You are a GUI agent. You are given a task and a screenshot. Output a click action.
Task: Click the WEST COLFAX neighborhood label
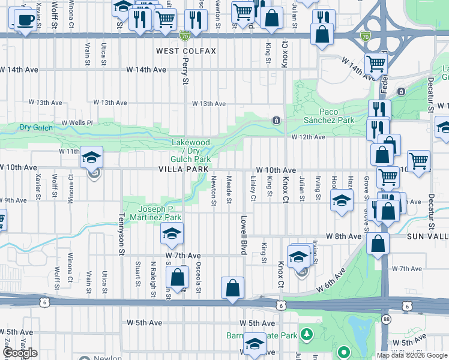(186, 51)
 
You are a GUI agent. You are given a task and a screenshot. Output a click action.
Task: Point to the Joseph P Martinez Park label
(156, 213)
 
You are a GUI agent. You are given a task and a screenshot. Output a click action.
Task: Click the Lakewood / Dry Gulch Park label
(191, 151)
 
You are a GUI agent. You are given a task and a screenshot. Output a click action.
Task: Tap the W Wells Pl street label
(75, 122)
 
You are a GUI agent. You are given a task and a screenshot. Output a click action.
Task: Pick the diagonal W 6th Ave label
(331, 280)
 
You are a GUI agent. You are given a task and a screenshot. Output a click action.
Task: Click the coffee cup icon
(25, 20)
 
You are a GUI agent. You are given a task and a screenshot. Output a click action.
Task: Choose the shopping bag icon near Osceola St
(177, 278)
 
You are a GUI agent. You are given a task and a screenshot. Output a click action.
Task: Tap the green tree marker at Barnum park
(307, 332)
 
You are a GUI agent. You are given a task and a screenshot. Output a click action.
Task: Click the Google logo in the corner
(20, 353)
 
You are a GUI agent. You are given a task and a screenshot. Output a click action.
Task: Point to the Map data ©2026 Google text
(412, 355)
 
